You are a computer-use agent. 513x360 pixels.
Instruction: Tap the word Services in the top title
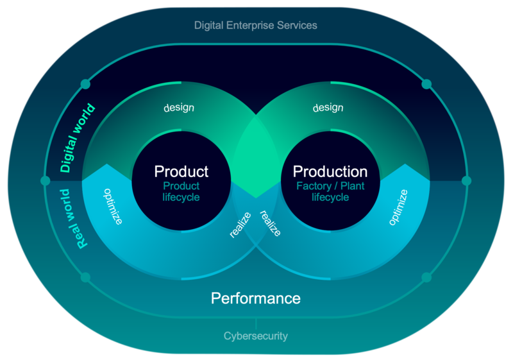click(297, 26)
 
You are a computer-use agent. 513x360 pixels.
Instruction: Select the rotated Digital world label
click(78, 138)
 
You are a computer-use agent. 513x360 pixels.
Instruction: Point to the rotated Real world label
click(74, 219)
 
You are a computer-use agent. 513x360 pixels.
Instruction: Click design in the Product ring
click(179, 107)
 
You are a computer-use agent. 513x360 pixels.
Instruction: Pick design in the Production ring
click(328, 107)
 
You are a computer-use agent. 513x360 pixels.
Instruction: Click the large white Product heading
click(181, 171)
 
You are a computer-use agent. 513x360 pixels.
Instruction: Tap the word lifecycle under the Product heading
click(181, 198)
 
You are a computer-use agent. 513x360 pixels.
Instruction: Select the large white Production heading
click(330, 171)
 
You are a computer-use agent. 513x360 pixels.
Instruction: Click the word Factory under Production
click(314, 186)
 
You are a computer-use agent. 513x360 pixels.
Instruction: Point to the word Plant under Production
click(352, 186)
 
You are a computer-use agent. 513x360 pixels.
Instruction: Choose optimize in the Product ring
click(114, 207)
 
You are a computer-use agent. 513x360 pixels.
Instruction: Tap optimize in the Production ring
click(398, 207)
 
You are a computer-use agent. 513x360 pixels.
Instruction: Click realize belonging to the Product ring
click(240, 225)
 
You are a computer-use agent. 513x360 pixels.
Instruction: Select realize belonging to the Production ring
click(271, 223)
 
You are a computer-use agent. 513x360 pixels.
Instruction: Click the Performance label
click(256, 298)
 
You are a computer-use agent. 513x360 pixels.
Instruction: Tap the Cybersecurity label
click(256, 336)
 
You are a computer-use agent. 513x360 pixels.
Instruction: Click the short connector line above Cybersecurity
click(256, 323)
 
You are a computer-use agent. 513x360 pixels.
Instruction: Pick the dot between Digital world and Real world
click(45, 180)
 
